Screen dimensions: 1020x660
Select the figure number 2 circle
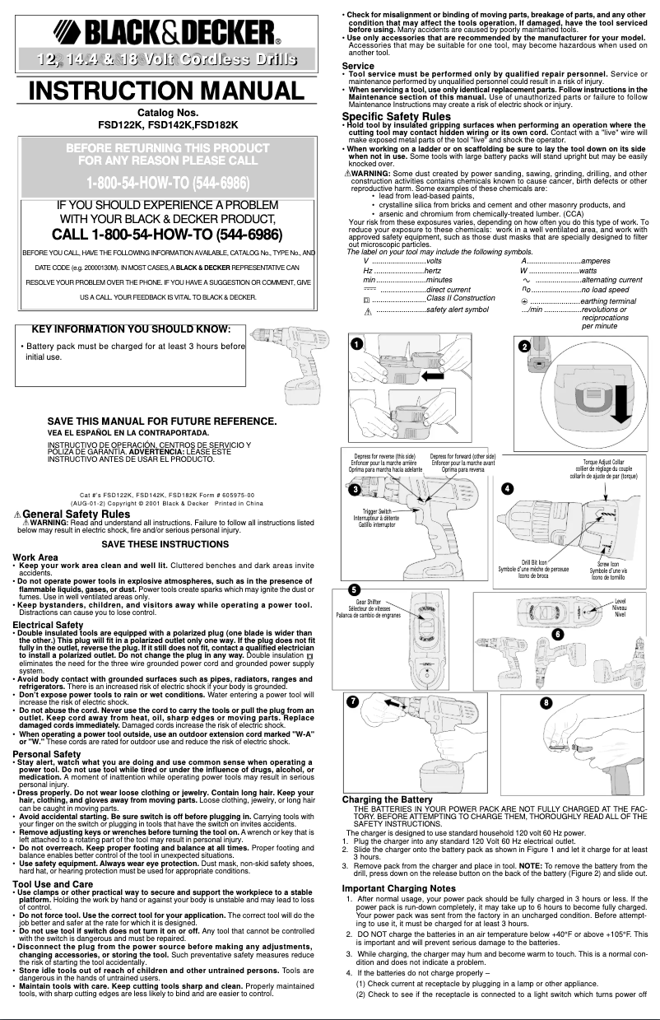pos(524,346)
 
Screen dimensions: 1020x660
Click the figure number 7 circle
pos(353,701)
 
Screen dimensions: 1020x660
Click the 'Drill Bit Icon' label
pos(523,563)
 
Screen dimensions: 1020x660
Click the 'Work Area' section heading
pos(35,557)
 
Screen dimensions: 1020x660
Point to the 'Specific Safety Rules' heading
pos(396,116)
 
